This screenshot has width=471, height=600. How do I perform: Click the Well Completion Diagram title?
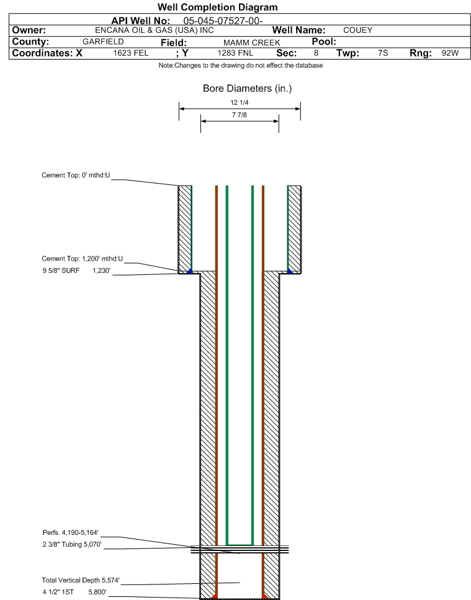217,7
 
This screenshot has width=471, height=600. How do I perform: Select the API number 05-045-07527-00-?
223,20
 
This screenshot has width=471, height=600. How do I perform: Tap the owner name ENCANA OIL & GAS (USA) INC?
154,30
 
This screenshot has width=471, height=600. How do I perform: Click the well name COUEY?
357,30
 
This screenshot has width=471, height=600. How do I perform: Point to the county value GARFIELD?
103,42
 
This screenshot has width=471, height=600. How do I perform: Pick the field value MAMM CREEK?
252,42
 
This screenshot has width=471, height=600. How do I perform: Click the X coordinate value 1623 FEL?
131,53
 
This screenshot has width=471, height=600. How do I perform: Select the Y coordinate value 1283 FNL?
235,53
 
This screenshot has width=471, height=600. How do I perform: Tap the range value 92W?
450,53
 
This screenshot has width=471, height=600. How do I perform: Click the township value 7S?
383,53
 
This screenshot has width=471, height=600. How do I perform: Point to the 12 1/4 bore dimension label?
240,102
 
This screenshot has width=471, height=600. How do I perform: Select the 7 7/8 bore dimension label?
240,115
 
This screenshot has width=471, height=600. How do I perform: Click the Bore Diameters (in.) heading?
247,88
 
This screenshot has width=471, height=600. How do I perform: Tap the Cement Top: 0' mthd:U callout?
76,175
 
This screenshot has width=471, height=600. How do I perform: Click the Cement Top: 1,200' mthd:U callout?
83,259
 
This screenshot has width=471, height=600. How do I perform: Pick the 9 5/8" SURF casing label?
61,271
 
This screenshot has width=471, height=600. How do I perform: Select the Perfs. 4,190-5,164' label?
70,532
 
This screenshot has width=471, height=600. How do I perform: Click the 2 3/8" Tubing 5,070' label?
72,544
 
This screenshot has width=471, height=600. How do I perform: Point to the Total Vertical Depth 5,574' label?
81,580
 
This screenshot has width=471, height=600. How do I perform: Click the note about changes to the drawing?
241,65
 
